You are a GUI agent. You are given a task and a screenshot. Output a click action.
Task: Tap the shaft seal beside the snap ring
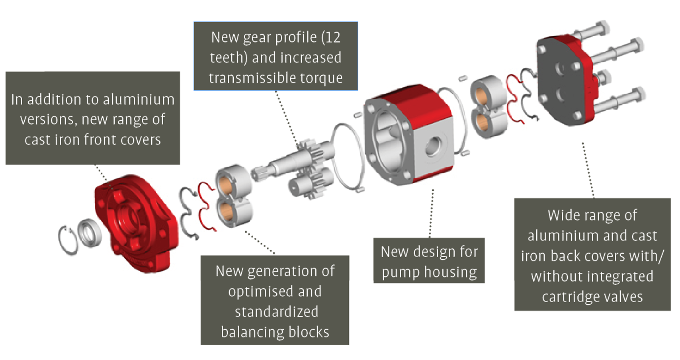[89, 233]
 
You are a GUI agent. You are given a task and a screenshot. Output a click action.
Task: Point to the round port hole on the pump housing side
[433, 147]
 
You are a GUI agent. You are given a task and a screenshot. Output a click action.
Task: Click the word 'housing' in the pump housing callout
[450, 272]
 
